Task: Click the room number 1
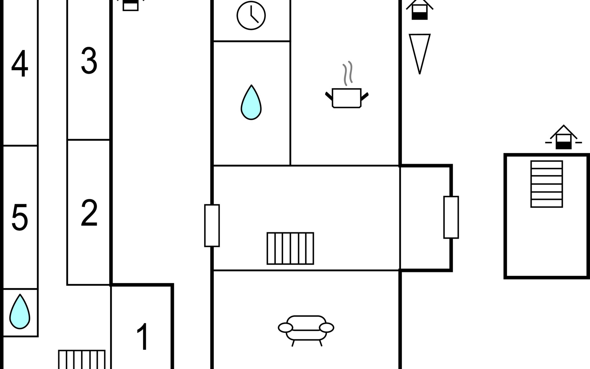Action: (x=143, y=337)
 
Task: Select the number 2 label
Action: (x=89, y=213)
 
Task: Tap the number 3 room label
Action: (x=89, y=61)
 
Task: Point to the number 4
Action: (x=20, y=64)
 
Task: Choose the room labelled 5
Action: (x=20, y=217)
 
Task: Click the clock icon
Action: (x=251, y=15)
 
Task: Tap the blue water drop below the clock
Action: (x=251, y=102)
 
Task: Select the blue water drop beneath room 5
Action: (x=20, y=311)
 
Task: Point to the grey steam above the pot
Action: (x=348, y=73)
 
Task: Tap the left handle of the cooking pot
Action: (x=329, y=96)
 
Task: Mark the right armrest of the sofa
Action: (x=327, y=328)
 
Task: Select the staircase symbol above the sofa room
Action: (x=290, y=248)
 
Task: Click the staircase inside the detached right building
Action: (x=547, y=184)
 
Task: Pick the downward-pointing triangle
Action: (x=420, y=54)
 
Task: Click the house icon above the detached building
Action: (x=564, y=137)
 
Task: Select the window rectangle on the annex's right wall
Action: (x=451, y=217)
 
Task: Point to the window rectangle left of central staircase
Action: (x=212, y=226)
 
